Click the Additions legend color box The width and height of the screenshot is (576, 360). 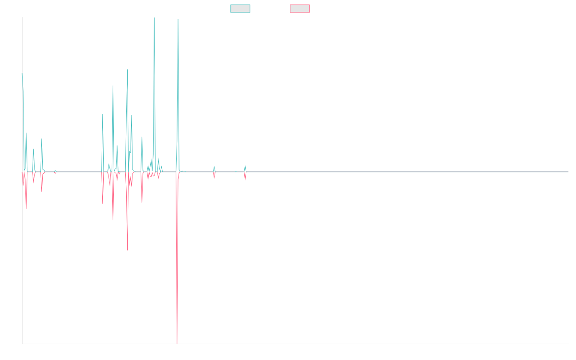[x=240, y=9]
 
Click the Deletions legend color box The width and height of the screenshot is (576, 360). [x=300, y=9]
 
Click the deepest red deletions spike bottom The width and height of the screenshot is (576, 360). [x=177, y=343]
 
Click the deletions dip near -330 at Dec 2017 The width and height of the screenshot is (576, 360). [x=127, y=250]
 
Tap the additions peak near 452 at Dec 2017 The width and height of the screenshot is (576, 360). [x=127, y=70]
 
